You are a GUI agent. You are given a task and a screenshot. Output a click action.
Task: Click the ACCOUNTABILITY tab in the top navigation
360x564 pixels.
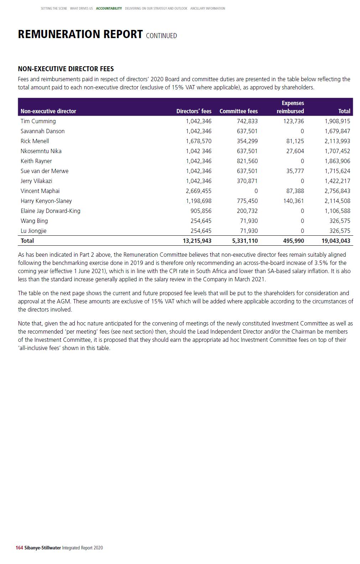coord(109,9)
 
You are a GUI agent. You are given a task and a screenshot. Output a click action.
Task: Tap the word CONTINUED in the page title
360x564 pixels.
coord(161,36)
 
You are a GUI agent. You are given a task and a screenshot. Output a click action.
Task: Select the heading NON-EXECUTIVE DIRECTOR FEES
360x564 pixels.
coord(66,69)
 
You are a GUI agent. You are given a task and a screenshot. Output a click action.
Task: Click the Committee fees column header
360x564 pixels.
coord(238,111)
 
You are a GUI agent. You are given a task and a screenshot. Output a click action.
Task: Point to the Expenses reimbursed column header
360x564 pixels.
coord(291,107)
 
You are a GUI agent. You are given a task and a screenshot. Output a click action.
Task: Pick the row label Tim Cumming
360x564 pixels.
coord(38,121)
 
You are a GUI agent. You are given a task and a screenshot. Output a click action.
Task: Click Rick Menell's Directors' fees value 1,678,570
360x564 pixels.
coord(198,141)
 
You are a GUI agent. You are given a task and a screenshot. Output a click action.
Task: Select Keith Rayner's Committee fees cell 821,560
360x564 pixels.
coord(247,161)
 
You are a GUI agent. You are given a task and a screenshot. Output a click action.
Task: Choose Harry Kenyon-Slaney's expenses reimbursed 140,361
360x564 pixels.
coord(293,201)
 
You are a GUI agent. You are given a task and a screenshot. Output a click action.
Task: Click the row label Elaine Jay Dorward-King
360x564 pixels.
coord(50,211)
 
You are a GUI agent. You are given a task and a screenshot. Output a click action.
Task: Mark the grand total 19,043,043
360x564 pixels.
coord(335,241)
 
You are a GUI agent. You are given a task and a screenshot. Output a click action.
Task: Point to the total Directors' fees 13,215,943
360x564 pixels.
coord(197,241)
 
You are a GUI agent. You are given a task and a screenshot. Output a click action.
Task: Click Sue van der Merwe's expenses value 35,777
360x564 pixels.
coord(295,171)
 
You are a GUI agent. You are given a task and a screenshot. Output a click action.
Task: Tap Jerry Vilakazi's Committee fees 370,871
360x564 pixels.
coord(247,181)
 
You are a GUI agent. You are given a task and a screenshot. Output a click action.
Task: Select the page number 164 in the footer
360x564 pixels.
coord(19,548)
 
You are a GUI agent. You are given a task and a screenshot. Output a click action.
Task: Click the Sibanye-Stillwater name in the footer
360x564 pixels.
coord(42,548)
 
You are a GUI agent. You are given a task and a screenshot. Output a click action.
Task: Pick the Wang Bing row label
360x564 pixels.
coord(34,221)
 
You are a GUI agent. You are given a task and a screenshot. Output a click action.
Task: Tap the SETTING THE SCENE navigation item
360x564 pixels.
coord(54,9)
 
